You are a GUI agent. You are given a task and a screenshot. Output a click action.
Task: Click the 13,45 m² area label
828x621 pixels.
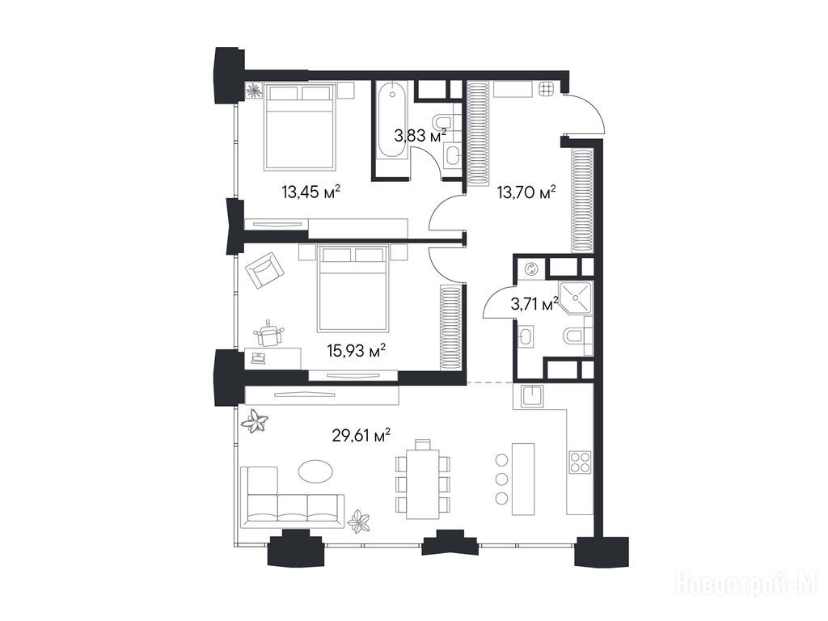tap(310, 192)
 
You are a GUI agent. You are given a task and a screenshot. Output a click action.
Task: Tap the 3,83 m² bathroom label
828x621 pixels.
tap(420, 136)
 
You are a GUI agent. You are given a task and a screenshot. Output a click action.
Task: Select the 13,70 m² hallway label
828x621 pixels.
tap(527, 192)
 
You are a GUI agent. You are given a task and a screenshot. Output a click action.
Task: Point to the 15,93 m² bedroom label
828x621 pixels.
tap(356, 350)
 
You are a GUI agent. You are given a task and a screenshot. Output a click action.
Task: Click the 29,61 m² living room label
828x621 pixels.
tap(361, 436)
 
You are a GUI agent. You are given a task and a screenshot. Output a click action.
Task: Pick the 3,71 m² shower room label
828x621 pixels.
tap(534, 304)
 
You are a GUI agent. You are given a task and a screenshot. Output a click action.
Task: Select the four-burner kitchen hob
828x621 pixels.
tap(581, 463)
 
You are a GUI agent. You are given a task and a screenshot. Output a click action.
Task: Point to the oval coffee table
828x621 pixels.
tap(315, 470)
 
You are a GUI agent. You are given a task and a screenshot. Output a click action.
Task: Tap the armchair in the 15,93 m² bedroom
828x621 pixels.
tap(265, 269)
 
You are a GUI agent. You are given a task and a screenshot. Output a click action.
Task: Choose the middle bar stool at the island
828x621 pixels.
tap(502, 479)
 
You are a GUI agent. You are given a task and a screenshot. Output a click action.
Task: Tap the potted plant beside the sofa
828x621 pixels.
tap(360, 521)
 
